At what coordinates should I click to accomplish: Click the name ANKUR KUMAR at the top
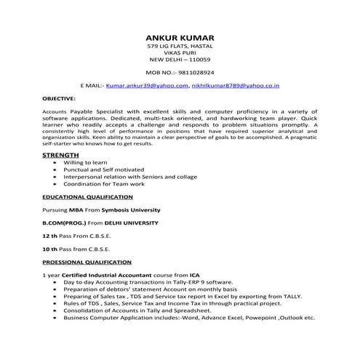click(x=180, y=37)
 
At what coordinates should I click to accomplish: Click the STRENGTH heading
click(x=61, y=156)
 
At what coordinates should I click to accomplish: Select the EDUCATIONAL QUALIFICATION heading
click(x=87, y=197)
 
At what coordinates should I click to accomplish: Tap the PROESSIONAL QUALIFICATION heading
click(x=87, y=262)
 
